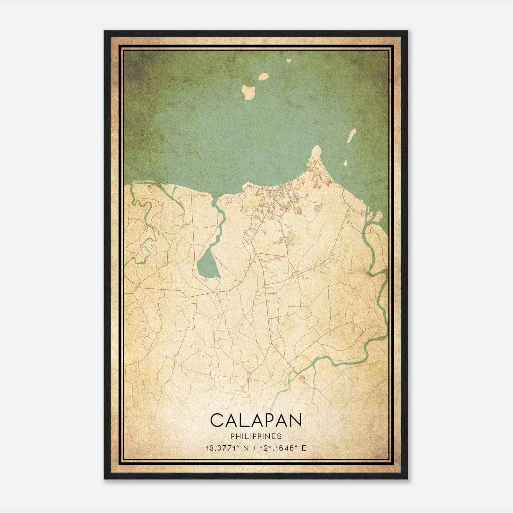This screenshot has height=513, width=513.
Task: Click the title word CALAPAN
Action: click(x=256, y=420)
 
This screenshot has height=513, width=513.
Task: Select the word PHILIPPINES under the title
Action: click(x=256, y=436)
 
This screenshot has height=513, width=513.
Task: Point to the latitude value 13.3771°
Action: click(x=223, y=448)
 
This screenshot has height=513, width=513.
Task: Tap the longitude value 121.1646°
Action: click(x=279, y=448)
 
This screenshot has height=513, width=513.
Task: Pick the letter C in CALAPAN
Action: click(x=217, y=420)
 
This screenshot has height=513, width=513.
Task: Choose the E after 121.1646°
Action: click(x=304, y=448)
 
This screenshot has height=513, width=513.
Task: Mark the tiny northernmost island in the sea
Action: click(x=289, y=60)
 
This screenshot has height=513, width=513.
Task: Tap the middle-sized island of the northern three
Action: click(x=264, y=77)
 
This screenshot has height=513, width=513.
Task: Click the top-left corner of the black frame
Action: click(x=105, y=31)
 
